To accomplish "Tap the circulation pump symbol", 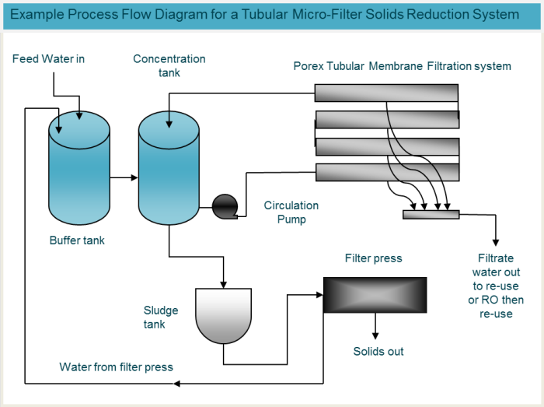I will pyautogui.click(x=225, y=205).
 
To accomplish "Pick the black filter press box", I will pyautogui.click(x=375, y=295).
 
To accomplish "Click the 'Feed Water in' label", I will pyautogui.click(x=48, y=59).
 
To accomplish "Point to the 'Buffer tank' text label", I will pyautogui.click(x=77, y=240).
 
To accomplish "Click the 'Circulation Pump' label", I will pyautogui.click(x=291, y=212).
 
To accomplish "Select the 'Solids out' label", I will pyautogui.click(x=378, y=351).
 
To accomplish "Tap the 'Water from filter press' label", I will pyautogui.click(x=117, y=367).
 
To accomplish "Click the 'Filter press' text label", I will pyautogui.click(x=374, y=258).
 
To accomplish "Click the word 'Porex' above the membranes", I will pyautogui.click(x=309, y=66).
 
